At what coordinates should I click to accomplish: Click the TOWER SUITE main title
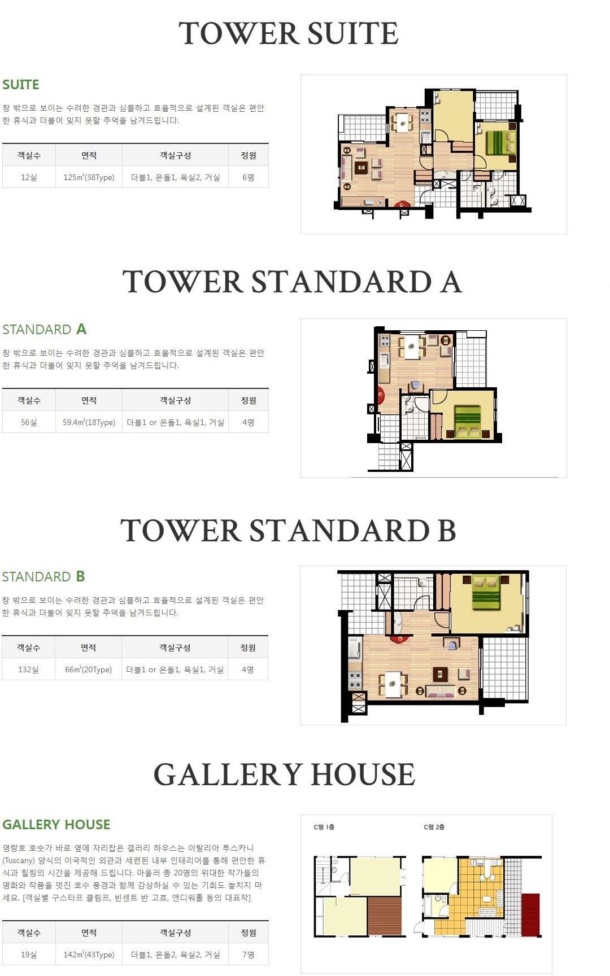(x=289, y=33)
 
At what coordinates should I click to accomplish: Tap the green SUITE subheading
(x=21, y=85)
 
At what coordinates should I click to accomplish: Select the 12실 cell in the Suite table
(x=29, y=177)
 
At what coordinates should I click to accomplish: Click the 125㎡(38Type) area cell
(x=89, y=177)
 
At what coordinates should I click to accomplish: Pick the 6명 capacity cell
(x=249, y=177)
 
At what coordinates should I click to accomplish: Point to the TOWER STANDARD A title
(x=292, y=282)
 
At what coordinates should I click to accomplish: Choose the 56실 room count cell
(x=29, y=422)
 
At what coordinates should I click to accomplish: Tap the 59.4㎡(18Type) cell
(x=89, y=422)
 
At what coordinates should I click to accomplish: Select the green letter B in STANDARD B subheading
(x=80, y=576)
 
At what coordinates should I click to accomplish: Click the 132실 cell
(x=28, y=669)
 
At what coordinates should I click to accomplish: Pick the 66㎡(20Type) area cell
(x=88, y=669)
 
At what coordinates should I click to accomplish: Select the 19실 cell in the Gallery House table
(x=29, y=955)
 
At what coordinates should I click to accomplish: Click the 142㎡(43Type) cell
(x=89, y=955)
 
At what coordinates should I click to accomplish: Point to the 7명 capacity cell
(x=249, y=955)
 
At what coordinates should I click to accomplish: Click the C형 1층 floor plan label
(x=324, y=827)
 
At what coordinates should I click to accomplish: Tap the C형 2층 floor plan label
(x=434, y=827)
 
